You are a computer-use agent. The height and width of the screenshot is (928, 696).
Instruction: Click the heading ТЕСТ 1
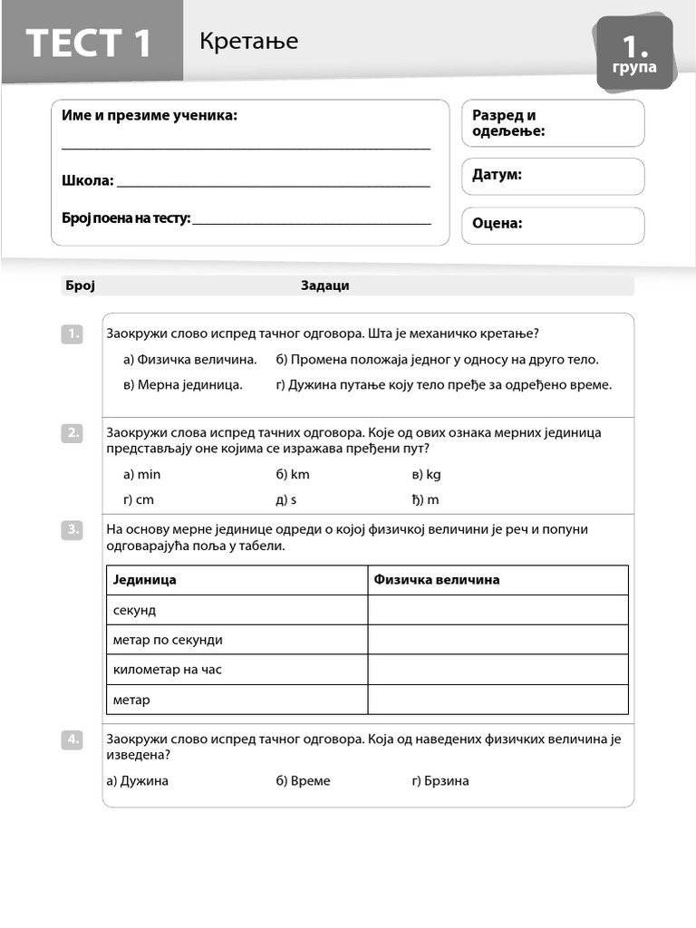[x=90, y=42]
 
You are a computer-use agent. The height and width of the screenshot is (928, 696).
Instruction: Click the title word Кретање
[x=248, y=41]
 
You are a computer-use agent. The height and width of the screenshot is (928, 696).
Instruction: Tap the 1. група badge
[x=634, y=53]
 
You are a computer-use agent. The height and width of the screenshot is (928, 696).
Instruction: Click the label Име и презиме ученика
[x=150, y=115]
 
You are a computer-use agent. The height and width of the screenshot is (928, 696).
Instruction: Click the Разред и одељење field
[x=553, y=123]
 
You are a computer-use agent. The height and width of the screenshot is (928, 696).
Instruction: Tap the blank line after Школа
[x=273, y=181]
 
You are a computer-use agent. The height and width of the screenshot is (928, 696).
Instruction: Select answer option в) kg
[x=426, y=474]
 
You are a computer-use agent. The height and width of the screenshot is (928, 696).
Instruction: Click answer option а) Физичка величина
[x=189, y=359]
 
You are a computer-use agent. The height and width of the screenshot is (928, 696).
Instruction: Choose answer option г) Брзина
[x=440, y=780]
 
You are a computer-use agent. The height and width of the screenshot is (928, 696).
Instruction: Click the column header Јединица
[x=145, y=580]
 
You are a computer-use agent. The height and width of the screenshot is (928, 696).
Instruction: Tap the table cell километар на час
[x=168, y=670]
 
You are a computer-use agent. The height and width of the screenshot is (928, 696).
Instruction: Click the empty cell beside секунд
[x=498, y=610]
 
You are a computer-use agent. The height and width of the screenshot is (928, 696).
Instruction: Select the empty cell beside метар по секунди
[x=498, y=640]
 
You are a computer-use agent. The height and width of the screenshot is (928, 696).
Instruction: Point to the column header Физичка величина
[x=437, y=580]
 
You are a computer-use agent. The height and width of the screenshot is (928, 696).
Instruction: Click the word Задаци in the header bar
[x=324, y=285]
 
